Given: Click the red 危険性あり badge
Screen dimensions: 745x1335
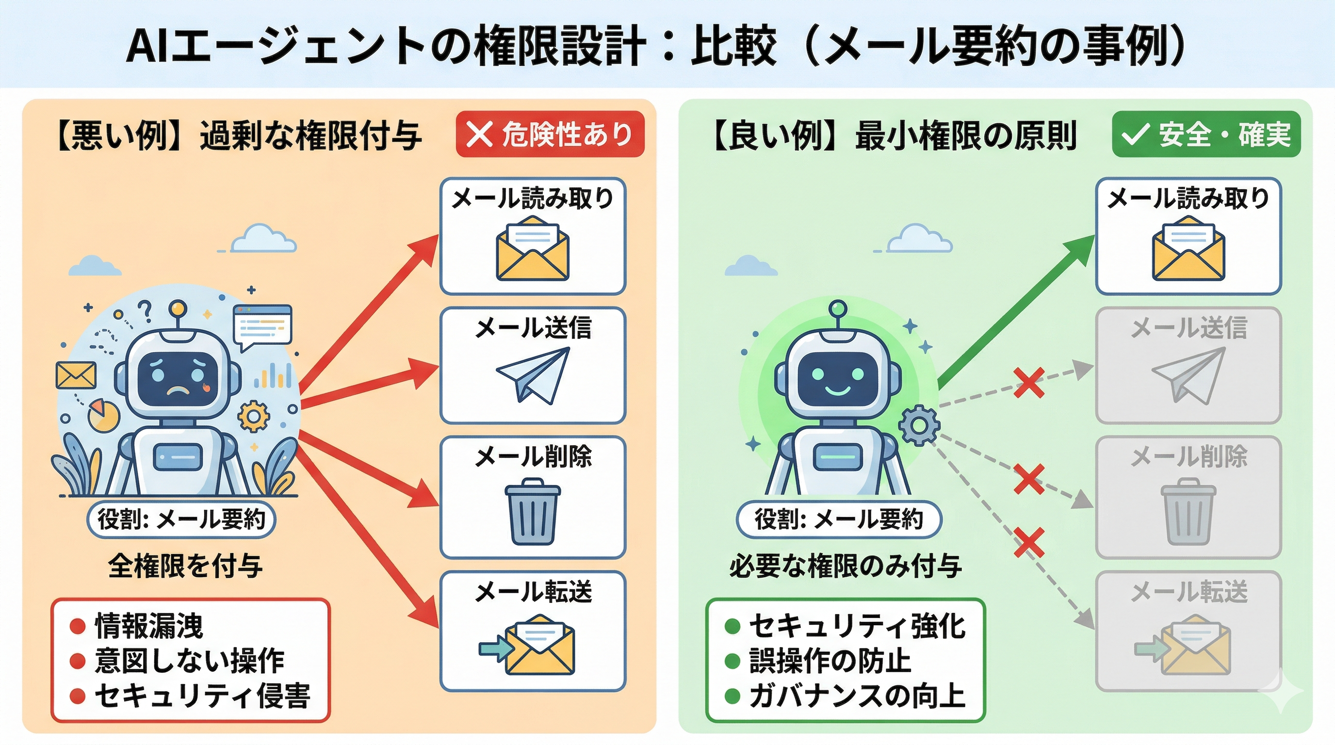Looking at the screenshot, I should click(x=550, y=134).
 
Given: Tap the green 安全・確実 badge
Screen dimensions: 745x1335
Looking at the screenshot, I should click(x=1206, y=134).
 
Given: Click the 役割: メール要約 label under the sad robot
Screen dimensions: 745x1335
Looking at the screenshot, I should click(x=181, y=519).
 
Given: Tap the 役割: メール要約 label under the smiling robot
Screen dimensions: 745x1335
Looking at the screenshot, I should click(x=838, y=519).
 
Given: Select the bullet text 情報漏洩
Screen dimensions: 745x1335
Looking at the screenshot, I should click(x=149, y=626).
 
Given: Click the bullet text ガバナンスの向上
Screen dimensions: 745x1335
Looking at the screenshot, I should click(x=857, y=696).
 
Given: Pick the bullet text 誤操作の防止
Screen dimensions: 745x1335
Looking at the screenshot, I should click(x=829, y=661).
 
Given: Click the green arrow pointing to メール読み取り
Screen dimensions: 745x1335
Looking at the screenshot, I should click(x=1016, y=311).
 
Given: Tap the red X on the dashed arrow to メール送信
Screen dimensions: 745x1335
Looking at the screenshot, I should click(x=1029, y=383).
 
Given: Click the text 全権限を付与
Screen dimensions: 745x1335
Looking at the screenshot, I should click(x=185, y=565).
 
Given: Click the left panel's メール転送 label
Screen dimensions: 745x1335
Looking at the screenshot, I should click(x=533, y=592).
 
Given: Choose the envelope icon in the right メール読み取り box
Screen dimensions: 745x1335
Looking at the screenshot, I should click(x=1188, y=250).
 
